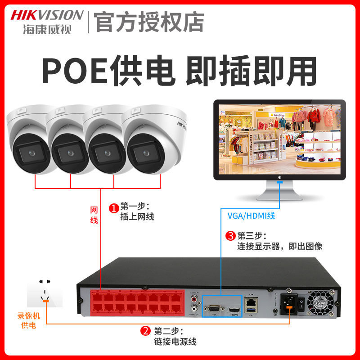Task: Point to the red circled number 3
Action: (x=230, y=235)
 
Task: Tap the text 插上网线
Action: (x=137, y=217)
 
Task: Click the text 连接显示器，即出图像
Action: (x=279, y=247)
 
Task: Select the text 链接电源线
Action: (x=175, y=342)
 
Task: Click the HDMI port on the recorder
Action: (x=234, y=310)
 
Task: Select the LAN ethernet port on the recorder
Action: (x=250, y=302)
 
